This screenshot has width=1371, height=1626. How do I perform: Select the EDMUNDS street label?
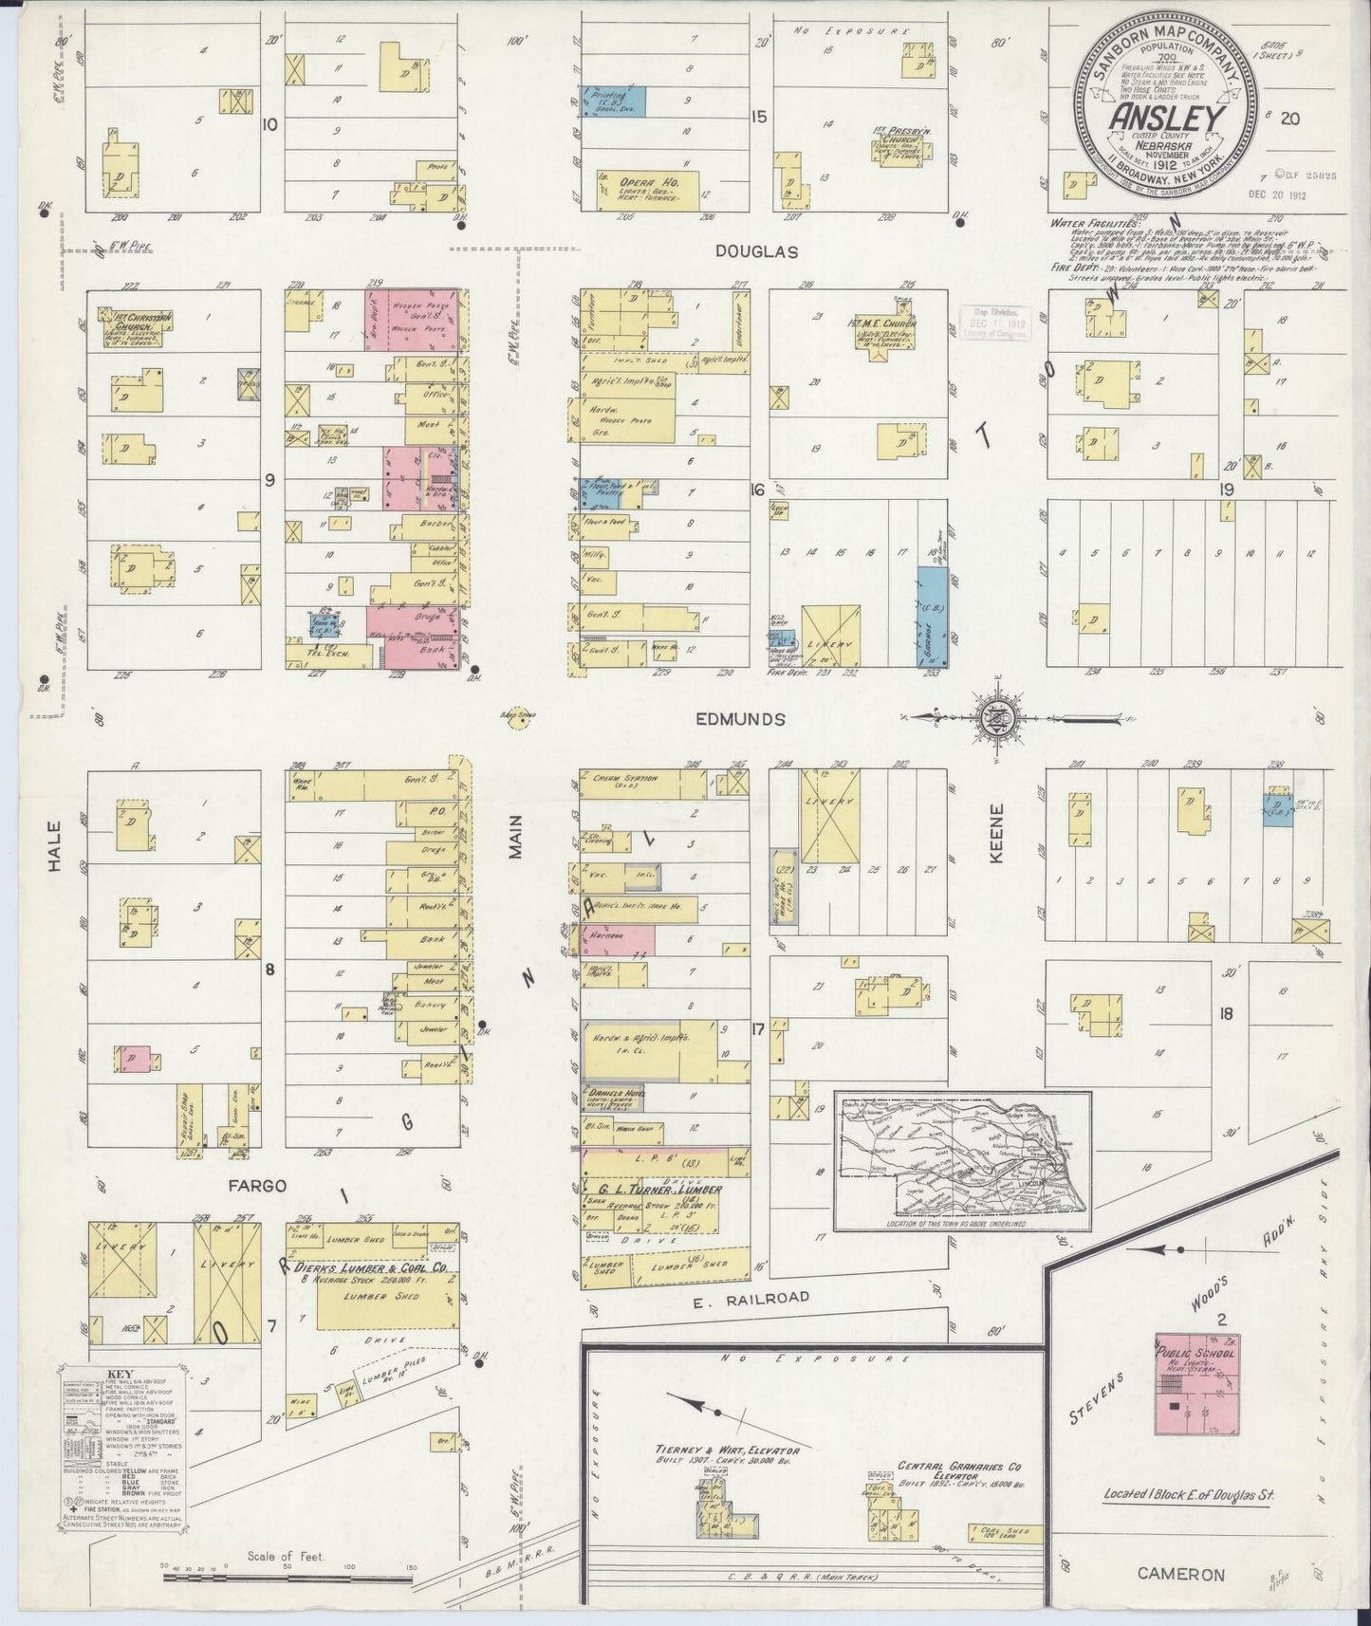741,719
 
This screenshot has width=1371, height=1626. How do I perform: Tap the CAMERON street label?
1179,1574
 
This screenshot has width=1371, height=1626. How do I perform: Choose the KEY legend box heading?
120,1374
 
